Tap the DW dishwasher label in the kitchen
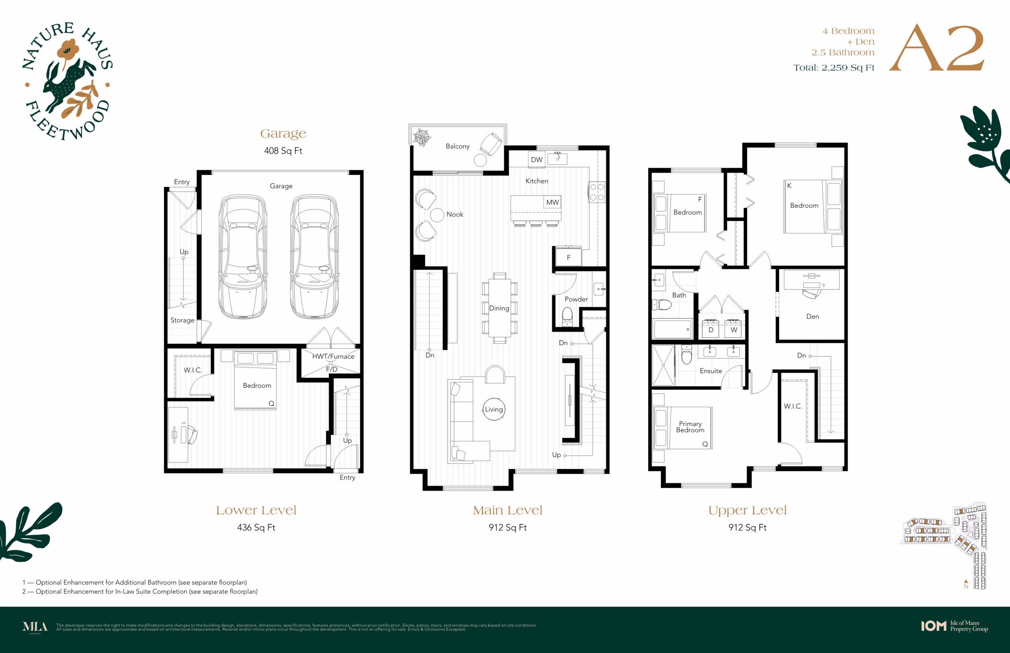point(537,160)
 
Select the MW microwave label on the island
point(552,202)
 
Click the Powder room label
point(576,299)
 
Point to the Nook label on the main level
point(455,214)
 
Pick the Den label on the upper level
point(812,316)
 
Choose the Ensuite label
point(711,371)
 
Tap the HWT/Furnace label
point(333,356)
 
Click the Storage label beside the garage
point(182,320)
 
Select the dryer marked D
point(711,329)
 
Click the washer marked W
point(734,329)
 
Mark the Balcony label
point(457,146)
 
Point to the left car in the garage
point(243,257)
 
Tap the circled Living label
point(494,409)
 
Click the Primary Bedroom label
point(690,427)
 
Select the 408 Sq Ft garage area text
point(283,151)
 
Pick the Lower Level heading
point(256,510)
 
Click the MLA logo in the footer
point(35,627)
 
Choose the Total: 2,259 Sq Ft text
point(834,68)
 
